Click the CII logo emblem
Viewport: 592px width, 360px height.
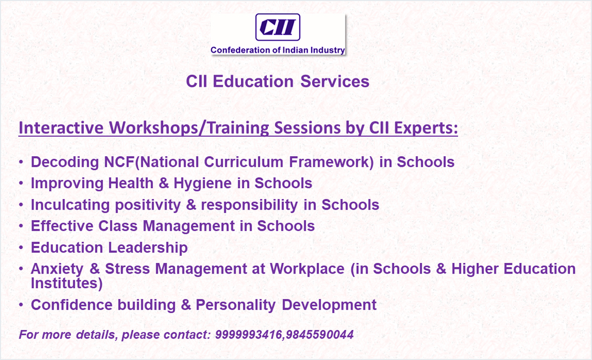278,27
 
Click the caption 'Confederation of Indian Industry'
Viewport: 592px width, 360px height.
278,50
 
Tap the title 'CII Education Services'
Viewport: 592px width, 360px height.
278,81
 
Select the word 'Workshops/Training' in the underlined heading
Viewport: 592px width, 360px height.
189,128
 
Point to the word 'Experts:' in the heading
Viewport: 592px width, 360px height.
426,128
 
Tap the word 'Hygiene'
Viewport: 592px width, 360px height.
203,183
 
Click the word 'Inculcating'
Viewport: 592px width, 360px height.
70,205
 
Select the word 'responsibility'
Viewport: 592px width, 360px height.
249,205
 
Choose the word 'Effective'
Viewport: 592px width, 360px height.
62,226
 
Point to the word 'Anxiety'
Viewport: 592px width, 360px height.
57,269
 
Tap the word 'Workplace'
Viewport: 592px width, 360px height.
307,269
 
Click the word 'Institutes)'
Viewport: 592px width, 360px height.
67,283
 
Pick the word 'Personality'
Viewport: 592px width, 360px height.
236,305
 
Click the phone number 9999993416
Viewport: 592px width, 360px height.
248,334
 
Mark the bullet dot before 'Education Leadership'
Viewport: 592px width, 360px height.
21,248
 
